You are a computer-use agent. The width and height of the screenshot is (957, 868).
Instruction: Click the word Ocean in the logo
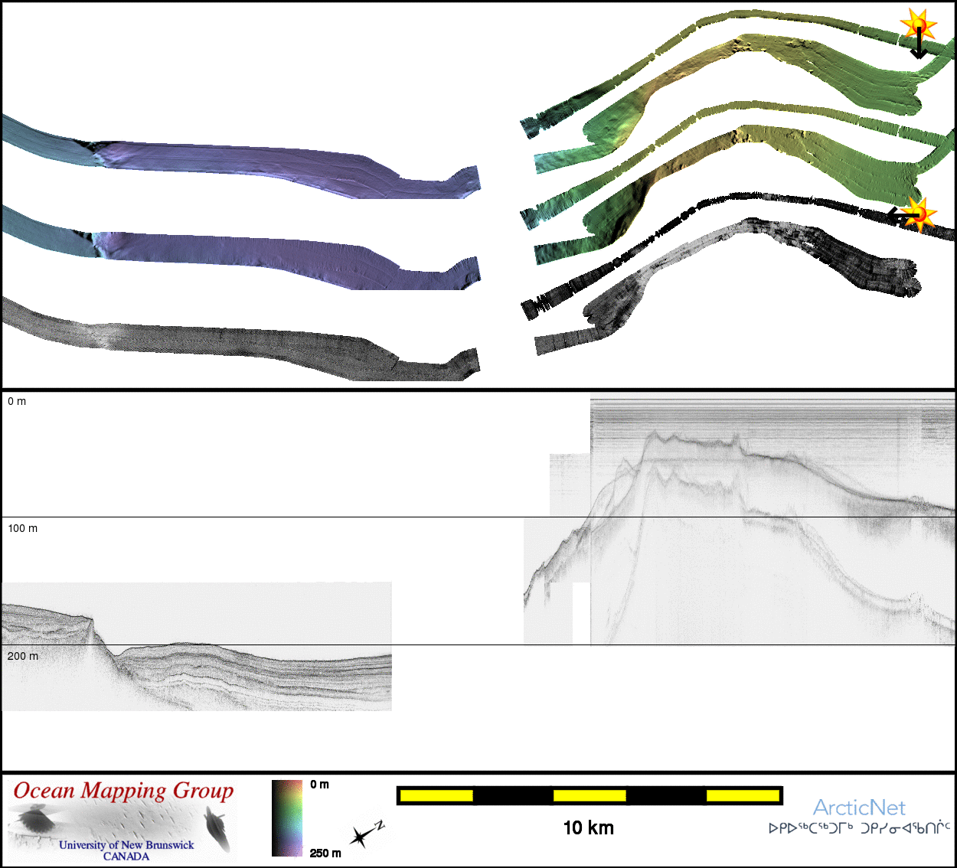[44, 791]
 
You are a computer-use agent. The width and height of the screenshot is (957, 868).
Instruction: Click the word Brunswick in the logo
[169, 844]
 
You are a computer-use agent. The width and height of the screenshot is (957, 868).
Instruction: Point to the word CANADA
[126, 856]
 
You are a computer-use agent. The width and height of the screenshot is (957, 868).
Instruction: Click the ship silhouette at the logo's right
[217, 828]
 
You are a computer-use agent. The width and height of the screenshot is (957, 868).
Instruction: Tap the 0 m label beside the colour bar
[319, 785]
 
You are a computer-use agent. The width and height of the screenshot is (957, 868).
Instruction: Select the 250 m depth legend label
[325, 853]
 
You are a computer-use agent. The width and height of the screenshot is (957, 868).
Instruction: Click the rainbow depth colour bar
[287, 818]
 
